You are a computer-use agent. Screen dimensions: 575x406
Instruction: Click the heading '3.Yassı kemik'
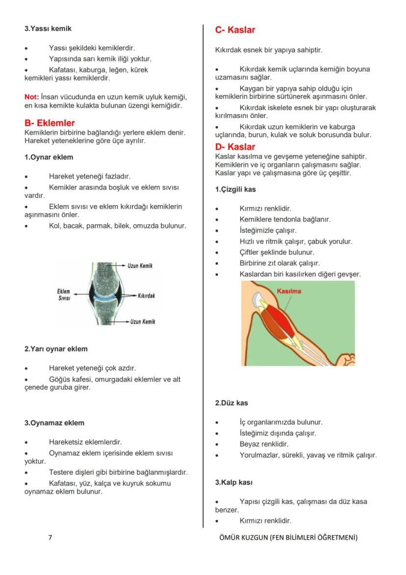(48, 29)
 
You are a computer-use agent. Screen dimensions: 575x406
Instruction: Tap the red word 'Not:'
(32, 97)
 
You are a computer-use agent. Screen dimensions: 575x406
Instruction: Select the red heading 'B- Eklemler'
(50, 123)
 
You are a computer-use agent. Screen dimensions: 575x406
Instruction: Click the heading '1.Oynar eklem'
(49, 157)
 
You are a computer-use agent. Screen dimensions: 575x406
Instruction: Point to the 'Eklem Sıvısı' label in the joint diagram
(64, 295)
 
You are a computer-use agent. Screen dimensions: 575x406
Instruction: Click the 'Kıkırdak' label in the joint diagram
(146, 296)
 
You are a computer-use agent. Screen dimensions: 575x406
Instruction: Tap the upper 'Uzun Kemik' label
(140, 266)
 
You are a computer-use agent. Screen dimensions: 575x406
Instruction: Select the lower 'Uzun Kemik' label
(142, 322)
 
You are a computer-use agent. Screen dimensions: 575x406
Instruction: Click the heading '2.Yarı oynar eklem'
(56, 349)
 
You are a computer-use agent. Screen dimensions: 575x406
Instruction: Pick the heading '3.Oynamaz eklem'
(54, 423)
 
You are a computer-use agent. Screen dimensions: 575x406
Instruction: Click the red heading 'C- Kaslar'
(235, 30)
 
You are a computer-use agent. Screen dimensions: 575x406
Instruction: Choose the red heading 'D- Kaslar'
(235, 147)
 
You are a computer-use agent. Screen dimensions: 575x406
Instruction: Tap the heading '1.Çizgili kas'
(235, 190)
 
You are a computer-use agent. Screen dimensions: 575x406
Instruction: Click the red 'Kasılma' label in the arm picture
(289, 291)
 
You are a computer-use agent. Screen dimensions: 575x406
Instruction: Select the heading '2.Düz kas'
(231, 403)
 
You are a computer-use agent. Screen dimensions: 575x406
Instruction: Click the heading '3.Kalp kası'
(234, 483)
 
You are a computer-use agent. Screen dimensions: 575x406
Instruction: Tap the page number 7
(50, 537)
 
